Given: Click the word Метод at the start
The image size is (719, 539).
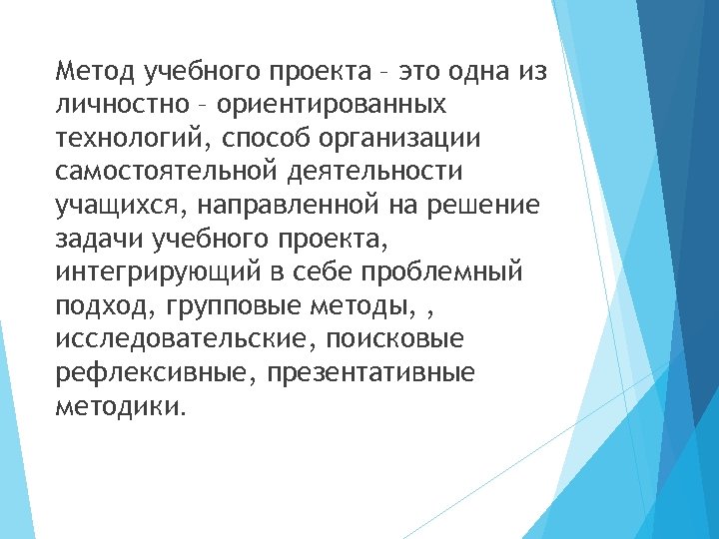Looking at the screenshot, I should [x=98, y=71].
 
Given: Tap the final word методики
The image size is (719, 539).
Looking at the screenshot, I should [x=120, y=408].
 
